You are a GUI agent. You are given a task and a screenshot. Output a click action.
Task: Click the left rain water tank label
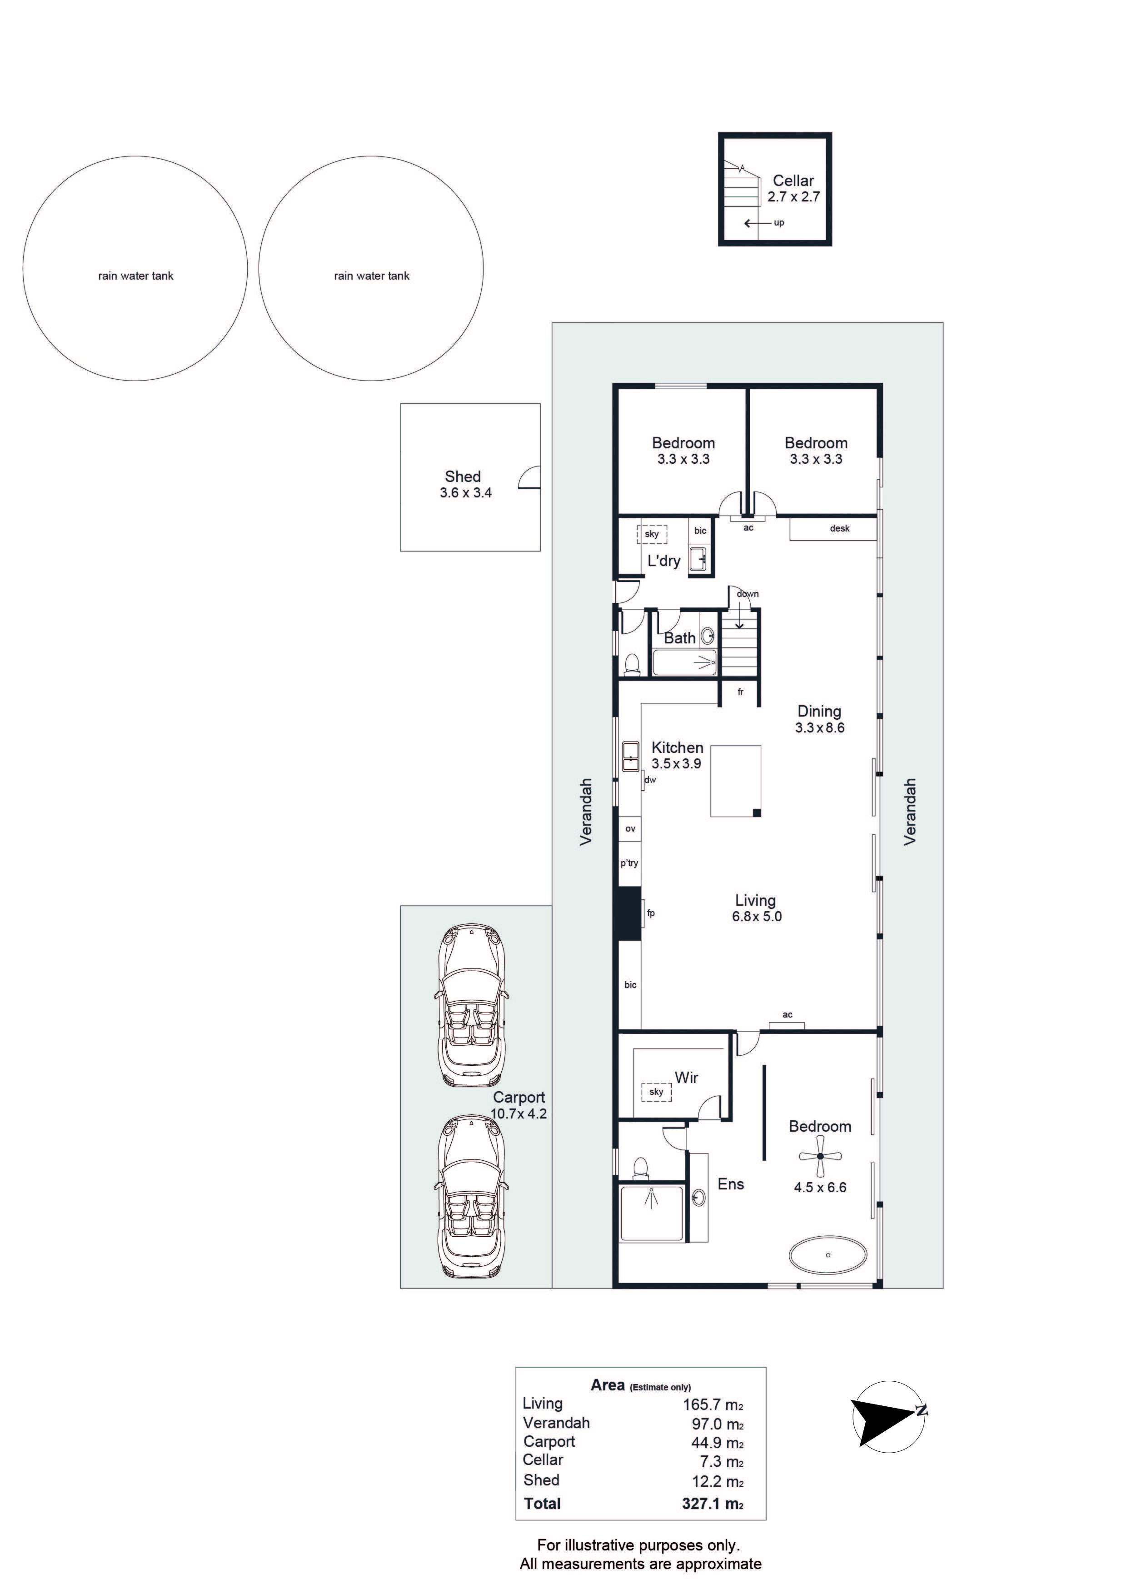135,276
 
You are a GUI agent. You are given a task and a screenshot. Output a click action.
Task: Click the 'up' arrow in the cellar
756,223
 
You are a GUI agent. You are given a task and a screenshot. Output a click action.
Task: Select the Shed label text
463,476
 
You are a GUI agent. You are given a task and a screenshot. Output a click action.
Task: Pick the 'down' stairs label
748,594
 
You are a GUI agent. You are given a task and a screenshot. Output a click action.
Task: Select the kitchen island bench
735,781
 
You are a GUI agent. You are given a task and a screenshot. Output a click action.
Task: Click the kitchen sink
630,757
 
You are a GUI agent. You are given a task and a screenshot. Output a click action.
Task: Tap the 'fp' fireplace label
651,913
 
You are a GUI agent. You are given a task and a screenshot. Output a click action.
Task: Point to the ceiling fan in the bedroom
820,1156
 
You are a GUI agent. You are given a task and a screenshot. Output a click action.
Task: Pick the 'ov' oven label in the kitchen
630,829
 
